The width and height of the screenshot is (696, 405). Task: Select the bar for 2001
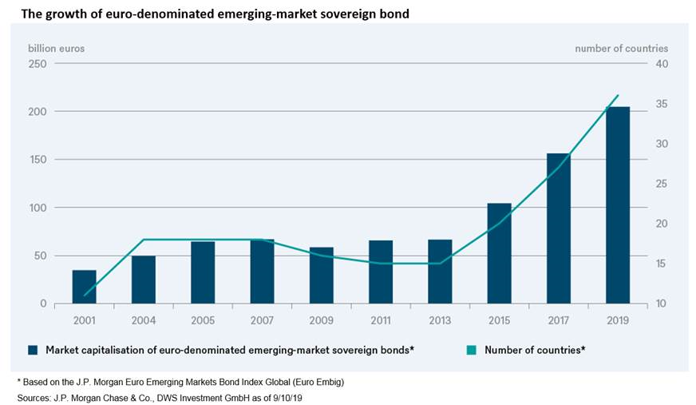84,287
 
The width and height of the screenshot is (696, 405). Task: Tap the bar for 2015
499,253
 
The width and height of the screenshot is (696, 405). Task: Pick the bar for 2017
558,228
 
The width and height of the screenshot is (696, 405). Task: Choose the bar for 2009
321,276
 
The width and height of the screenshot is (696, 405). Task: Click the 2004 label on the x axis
143,320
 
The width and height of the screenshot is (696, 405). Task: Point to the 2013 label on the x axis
440,320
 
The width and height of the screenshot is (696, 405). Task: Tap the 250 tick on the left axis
38,64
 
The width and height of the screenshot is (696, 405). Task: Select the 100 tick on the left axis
38,208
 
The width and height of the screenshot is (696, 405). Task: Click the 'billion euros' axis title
56,48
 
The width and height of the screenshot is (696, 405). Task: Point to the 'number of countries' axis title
621,48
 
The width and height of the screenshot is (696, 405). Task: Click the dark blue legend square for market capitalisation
33,350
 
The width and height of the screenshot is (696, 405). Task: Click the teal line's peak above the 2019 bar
617,96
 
